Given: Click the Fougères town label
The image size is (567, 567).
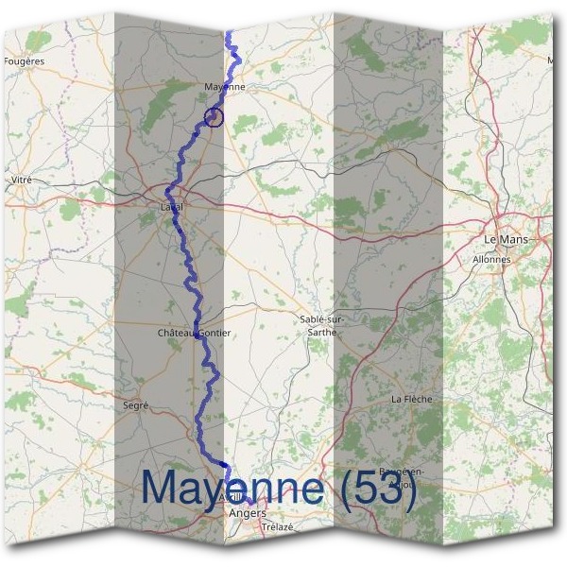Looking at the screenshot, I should [x=25, y=60].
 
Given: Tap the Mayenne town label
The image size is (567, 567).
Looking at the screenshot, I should [x=225, y=87].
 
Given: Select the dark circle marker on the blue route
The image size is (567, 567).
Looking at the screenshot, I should [x=214, y=116].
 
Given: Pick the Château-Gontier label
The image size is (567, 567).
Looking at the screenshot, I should [x=196, y=334].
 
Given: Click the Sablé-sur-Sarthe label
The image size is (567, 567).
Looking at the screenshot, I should [x=320, y=325].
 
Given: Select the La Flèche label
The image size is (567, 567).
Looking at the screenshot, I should [x=411, y=399].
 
